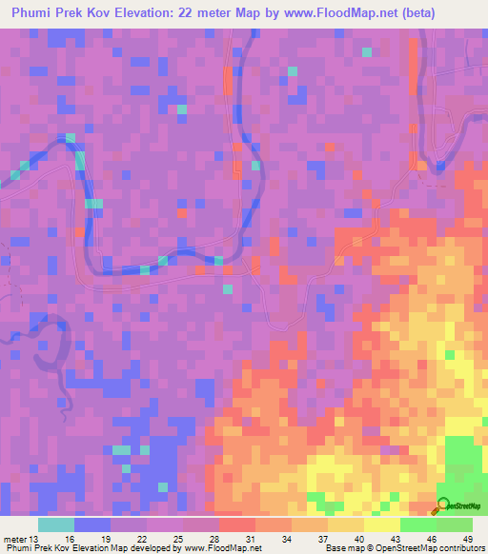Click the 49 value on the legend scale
pyautogui.click(x=467, y=541)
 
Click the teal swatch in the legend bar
pyautogui.click(x=56, y=524)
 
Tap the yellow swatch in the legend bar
pyautogui.click(x=382, y=524)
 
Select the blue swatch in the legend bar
pyautogui.click(x=92, y=524)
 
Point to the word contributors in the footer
pyautogui.click(x=452, y=549)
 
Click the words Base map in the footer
pyautogui.click(x=344, y=549)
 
